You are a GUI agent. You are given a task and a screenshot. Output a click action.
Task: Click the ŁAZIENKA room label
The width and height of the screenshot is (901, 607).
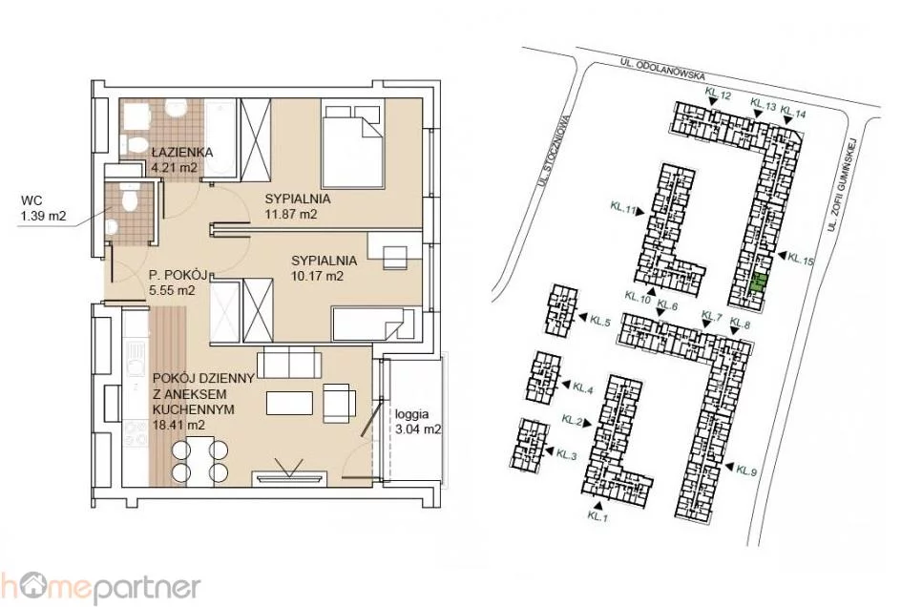pyautogui.click(x=182, y=153)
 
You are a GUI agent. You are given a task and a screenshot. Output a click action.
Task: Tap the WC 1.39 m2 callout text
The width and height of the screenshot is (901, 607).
pyautogui.click(x=44, y=209)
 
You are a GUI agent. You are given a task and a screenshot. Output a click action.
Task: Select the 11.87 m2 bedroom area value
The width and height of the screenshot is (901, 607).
pyautogui.click(x=291, y=215)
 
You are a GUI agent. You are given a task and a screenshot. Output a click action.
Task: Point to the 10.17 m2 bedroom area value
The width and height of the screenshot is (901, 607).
pyautogui.click(x=317, y=276)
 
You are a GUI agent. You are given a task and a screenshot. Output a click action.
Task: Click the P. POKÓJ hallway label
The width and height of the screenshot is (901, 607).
pyautogui.click(x=177, y=275)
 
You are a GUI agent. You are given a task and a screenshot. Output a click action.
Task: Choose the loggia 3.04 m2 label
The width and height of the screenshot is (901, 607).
pyautogui.click(x=418, y=421)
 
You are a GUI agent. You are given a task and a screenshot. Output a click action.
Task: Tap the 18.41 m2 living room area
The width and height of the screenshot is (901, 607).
pyautogui.click(x=179, y=425)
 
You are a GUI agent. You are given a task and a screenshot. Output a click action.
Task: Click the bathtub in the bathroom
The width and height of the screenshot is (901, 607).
pyautogui.click(x=220, y=138)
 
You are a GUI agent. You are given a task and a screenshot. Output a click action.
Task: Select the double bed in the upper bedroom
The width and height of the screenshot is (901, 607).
pyautogui.click(x=352, y=144)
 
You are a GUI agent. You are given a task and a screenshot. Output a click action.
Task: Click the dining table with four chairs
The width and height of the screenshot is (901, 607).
pyautogui.click(x=200, y=458)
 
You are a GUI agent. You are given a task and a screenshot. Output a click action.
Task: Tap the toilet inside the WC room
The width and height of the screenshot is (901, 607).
pyautogui.click(x=129, y=198)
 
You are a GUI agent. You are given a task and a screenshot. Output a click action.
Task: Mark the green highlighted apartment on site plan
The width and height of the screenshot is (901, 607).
pyautogui.click(x=758, y=284)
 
